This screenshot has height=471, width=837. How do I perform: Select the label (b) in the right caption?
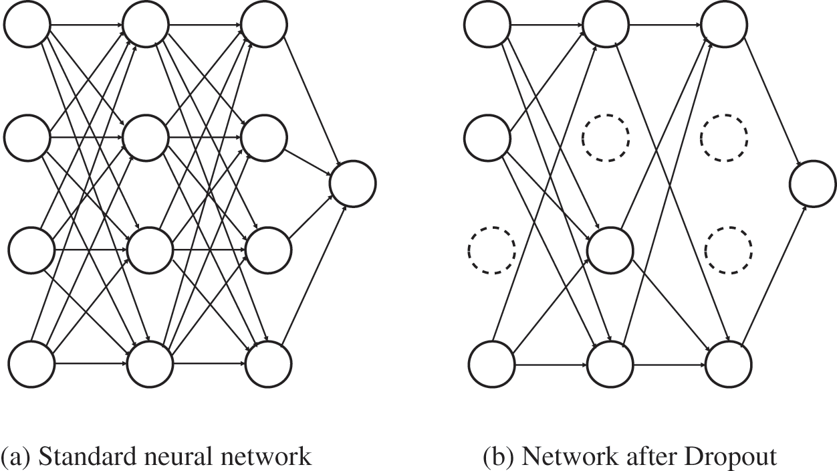[499, 457]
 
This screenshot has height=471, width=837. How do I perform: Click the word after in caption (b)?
[644, 456]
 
